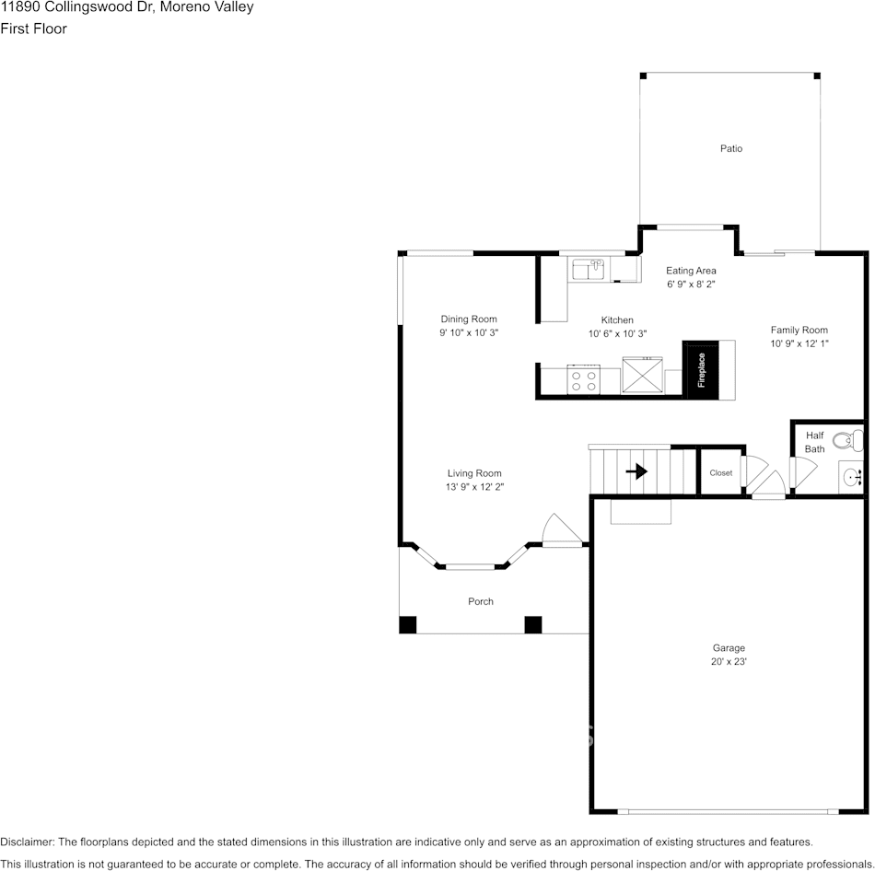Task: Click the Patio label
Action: pos(731,148)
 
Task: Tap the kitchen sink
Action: pos(589,269)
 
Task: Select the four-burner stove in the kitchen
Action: pos(584,380)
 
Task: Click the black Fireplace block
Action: pos(701,370)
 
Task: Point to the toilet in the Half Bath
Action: pos(847,441)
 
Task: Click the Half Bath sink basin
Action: pos(852,478)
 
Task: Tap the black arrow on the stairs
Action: pos(636,471)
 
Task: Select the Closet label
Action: pos(721,472)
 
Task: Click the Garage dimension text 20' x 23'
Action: pos(729,662)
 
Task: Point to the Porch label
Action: pos(481,601)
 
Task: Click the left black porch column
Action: pos(408,625)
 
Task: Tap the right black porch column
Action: pos(533,625)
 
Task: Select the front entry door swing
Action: pos(562,530)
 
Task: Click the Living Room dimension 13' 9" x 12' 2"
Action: pos(474,487)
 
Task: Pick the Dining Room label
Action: pos(469,319)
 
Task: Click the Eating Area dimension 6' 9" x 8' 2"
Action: pos(691,284)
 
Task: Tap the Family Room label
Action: pos(799,331)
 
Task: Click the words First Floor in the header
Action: pos(33,29)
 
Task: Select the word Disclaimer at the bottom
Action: pos(26,842)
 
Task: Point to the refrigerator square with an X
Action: pos(642,375)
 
